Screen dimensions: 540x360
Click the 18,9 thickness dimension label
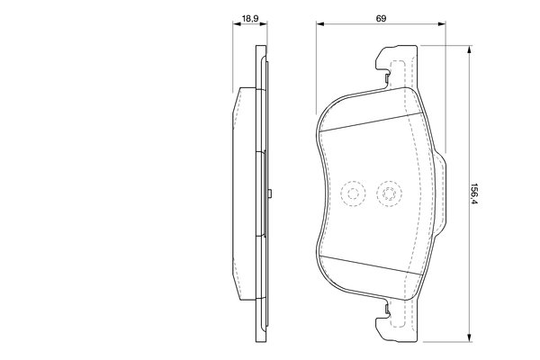point(250,19)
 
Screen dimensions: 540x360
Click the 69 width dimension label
point(381,19)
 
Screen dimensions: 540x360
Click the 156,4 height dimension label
point(474,193)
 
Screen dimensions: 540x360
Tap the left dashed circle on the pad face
point(353,193)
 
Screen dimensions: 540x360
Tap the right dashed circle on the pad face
point(389,193)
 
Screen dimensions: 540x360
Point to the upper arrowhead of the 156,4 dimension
point(469,50)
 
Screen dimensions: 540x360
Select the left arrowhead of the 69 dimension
point(320,23)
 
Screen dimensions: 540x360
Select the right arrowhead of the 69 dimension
point(442,23)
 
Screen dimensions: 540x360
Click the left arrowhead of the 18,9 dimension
point(237,23)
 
